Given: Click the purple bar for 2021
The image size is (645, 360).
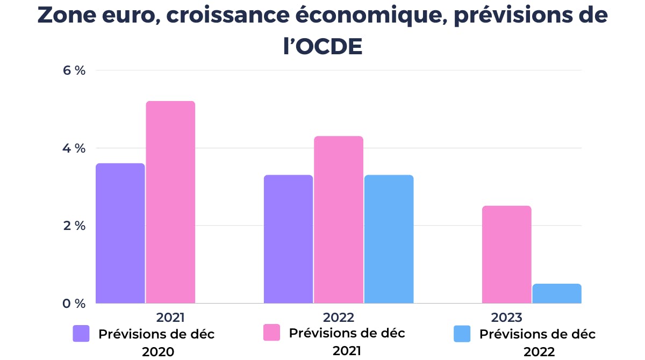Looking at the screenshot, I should [x=120, y=233].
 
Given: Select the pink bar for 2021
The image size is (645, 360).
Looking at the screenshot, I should [x=170, y=202].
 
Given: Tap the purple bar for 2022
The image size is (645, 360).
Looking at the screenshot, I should [x=288, y=239].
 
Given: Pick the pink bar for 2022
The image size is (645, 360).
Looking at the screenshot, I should [x=339, y=220].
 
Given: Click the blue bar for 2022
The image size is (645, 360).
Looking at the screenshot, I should [x=389, y=239].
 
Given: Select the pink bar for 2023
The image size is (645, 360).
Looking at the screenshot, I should [x=506, y=255].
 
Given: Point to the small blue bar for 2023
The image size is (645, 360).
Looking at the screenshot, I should [x=557, y=293].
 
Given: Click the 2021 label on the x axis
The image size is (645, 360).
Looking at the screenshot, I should [x=171, y=316].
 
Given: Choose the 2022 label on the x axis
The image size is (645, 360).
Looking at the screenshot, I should [x=339, y=316].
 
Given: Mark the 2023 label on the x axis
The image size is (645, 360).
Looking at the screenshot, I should [x=506, y=316].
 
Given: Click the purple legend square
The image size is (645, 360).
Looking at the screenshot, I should [x=81, y=334].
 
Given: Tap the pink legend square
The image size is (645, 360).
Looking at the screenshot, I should [x=271, y=332].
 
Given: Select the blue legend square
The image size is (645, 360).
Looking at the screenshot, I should [x=462, y=334].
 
